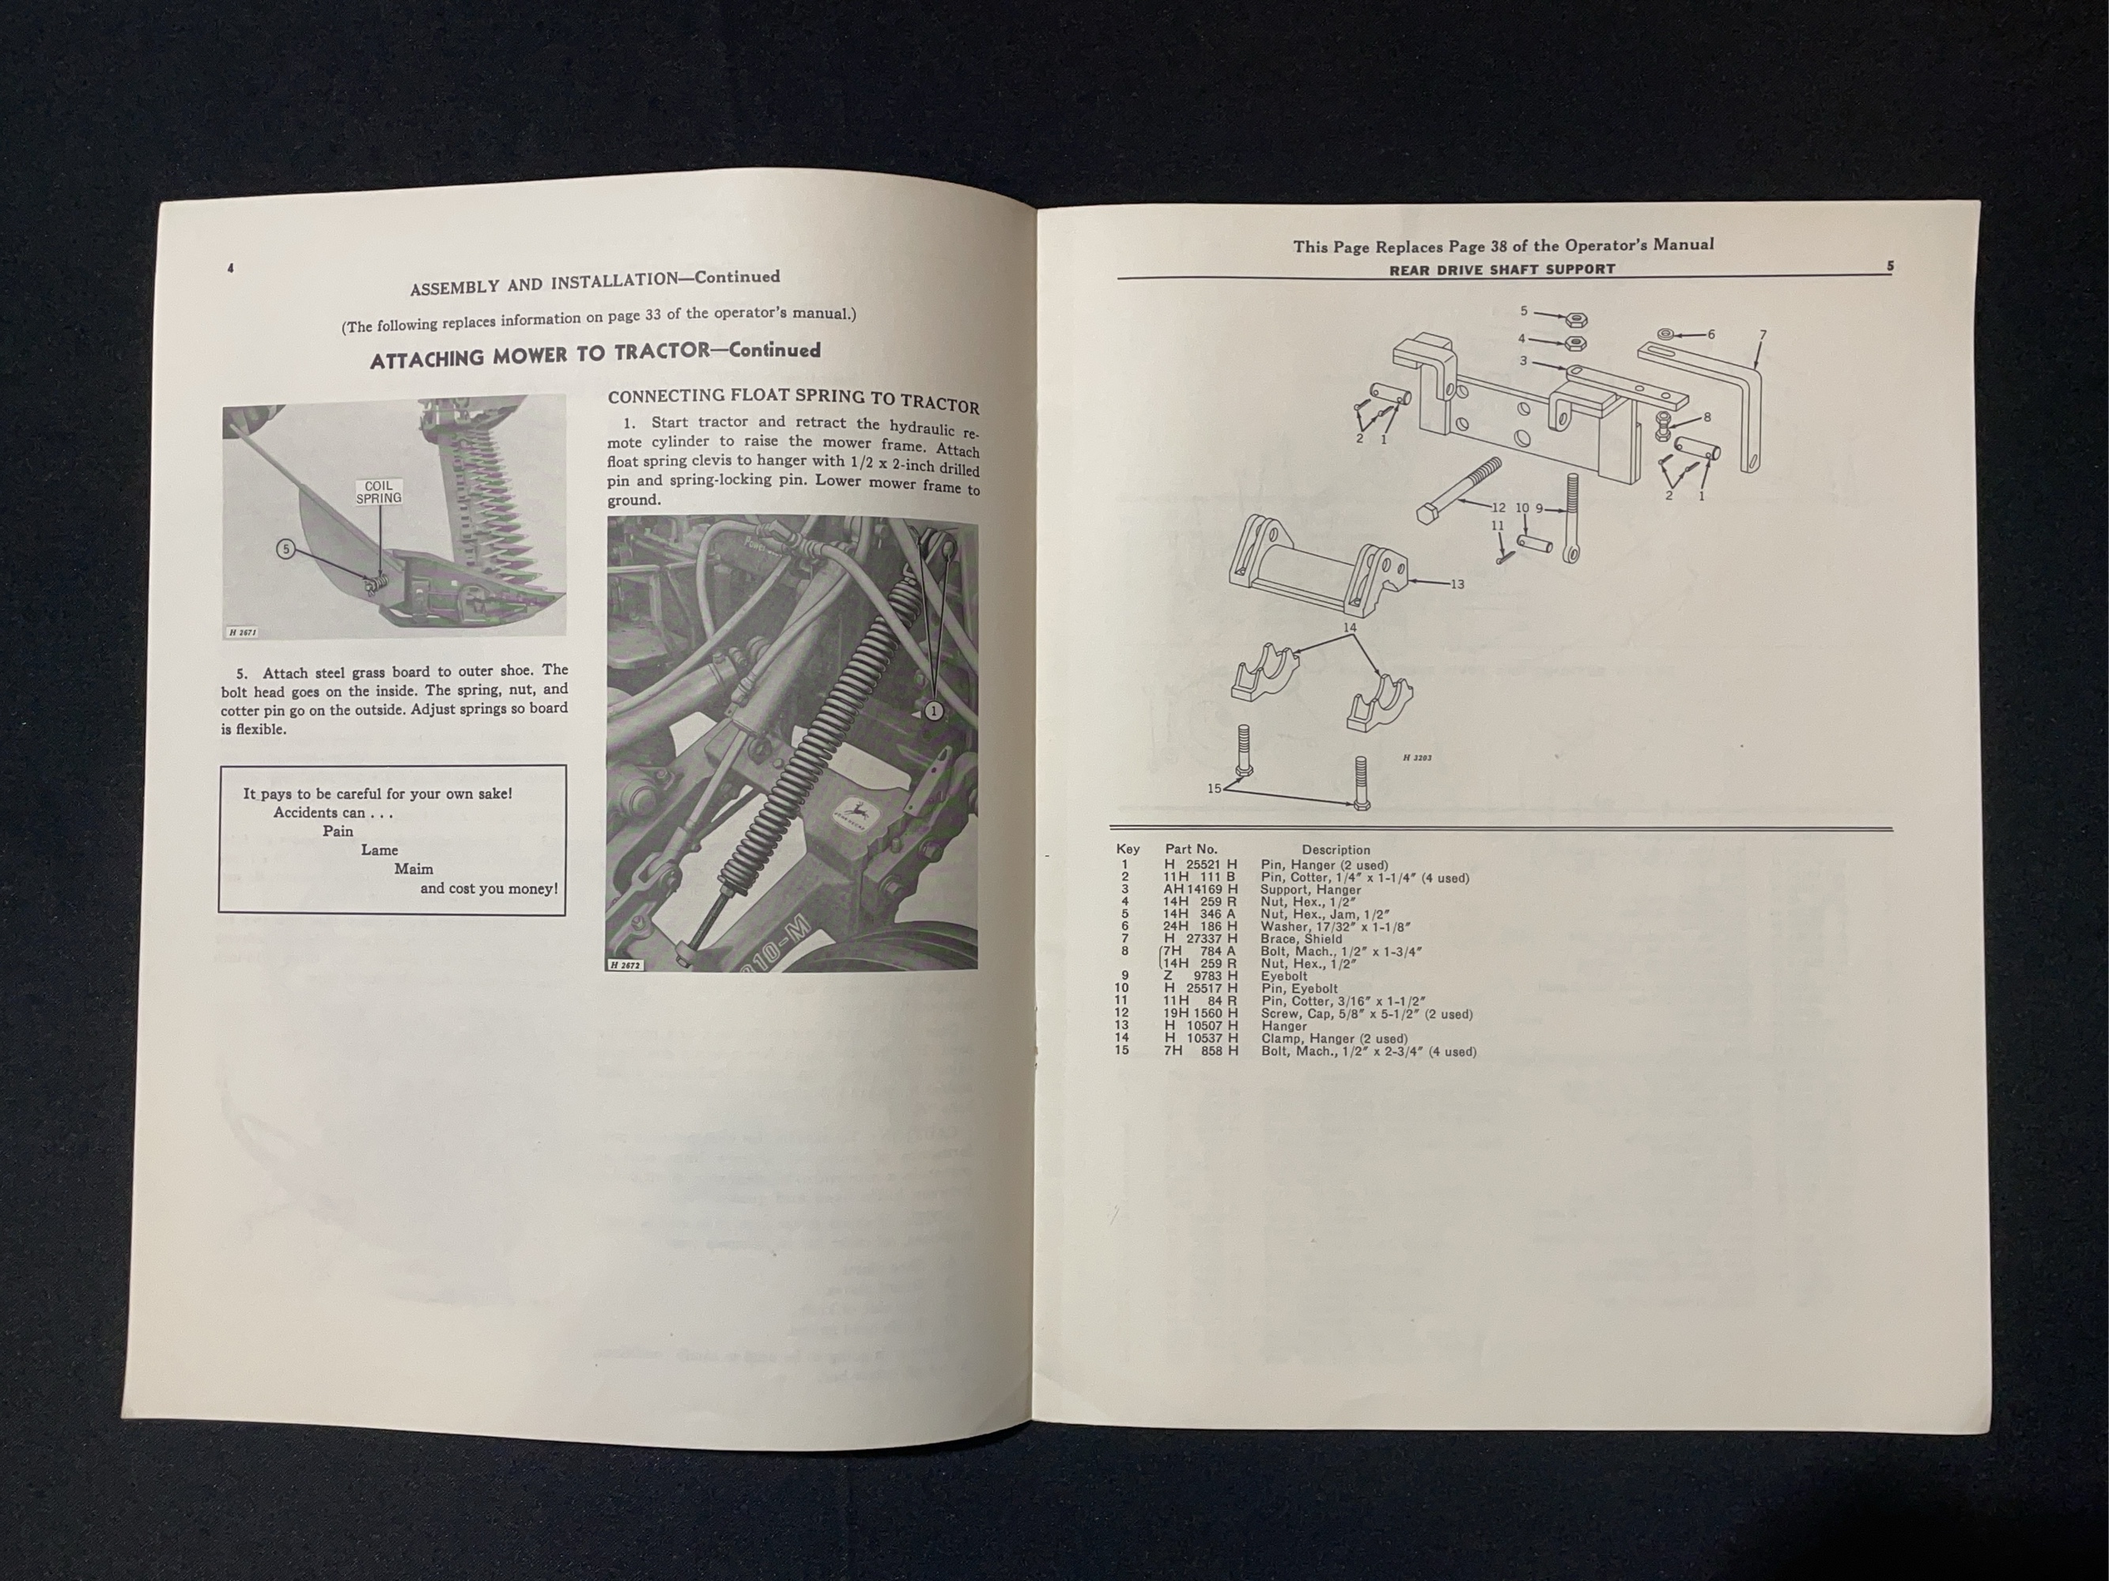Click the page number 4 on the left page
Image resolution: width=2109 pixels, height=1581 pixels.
(231, 270)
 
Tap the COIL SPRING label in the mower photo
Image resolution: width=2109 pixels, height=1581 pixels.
(379, 492)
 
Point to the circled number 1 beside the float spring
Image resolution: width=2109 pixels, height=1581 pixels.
(933, 711)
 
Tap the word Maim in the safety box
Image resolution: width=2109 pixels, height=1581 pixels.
(413, 869)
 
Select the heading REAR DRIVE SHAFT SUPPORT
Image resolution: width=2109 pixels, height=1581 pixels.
(1502, 270)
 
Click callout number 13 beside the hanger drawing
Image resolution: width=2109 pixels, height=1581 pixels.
(1456, 584)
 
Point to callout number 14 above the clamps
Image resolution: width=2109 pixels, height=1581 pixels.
(1349, 627)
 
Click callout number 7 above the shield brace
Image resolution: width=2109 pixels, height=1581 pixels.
(1762, 335)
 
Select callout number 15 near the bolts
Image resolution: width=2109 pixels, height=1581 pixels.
(1214, 788)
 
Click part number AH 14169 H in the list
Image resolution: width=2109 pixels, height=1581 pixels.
(1200, 889)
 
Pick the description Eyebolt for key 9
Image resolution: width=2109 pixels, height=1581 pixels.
(1283, 975)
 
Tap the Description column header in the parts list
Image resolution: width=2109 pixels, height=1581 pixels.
(1335, 850)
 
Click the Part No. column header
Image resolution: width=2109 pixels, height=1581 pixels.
(1190, 849)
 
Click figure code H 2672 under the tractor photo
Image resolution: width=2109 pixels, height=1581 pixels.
(626, 965)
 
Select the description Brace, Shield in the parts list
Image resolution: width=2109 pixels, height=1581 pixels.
(1301, 938)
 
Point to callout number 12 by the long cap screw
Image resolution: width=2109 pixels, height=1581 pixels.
(1498, 508)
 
